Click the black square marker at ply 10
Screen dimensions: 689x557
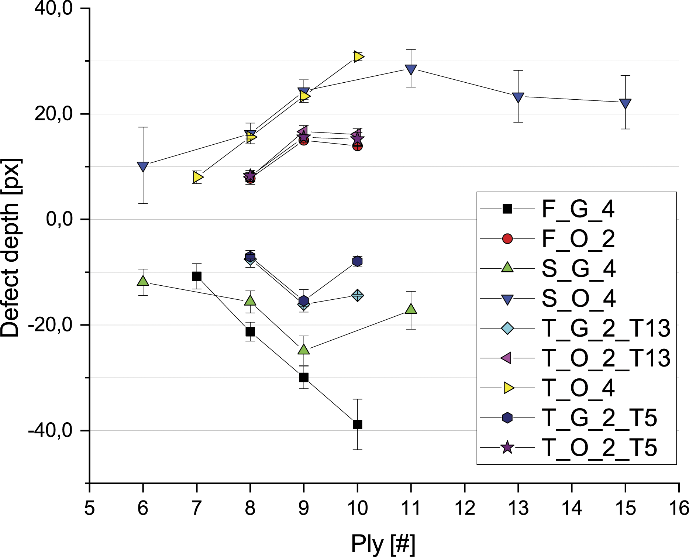pos(357,424)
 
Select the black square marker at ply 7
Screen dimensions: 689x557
pos(197,276)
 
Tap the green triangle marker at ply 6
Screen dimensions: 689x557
pos(143,281)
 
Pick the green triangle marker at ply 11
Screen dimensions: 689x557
pos(411,309)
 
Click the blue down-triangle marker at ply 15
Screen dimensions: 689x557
pos(625,104)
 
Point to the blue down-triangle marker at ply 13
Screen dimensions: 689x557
pos(518,98)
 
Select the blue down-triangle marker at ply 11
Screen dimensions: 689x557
pos(411,70)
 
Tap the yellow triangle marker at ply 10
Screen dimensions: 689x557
pos(358,56)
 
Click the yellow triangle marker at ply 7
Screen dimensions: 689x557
pos(198,177)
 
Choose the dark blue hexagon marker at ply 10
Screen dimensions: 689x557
pos(357,261)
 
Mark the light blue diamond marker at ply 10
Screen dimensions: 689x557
pos(357,295)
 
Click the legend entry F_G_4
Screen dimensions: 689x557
pos(547,209)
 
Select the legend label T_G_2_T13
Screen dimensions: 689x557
pos(606,328)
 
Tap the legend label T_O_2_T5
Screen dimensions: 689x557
pos(599,448)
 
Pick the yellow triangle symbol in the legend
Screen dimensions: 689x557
pos(509,388)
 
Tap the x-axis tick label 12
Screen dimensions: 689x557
pos(464,508)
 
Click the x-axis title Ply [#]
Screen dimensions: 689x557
pos(383,544)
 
